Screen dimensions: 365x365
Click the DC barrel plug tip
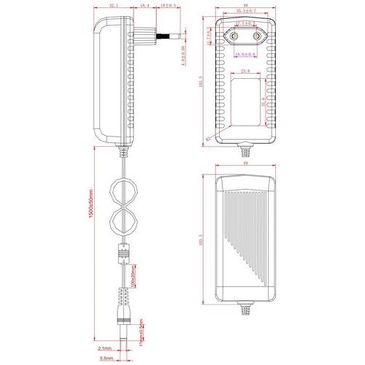[x=123, y=328]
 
